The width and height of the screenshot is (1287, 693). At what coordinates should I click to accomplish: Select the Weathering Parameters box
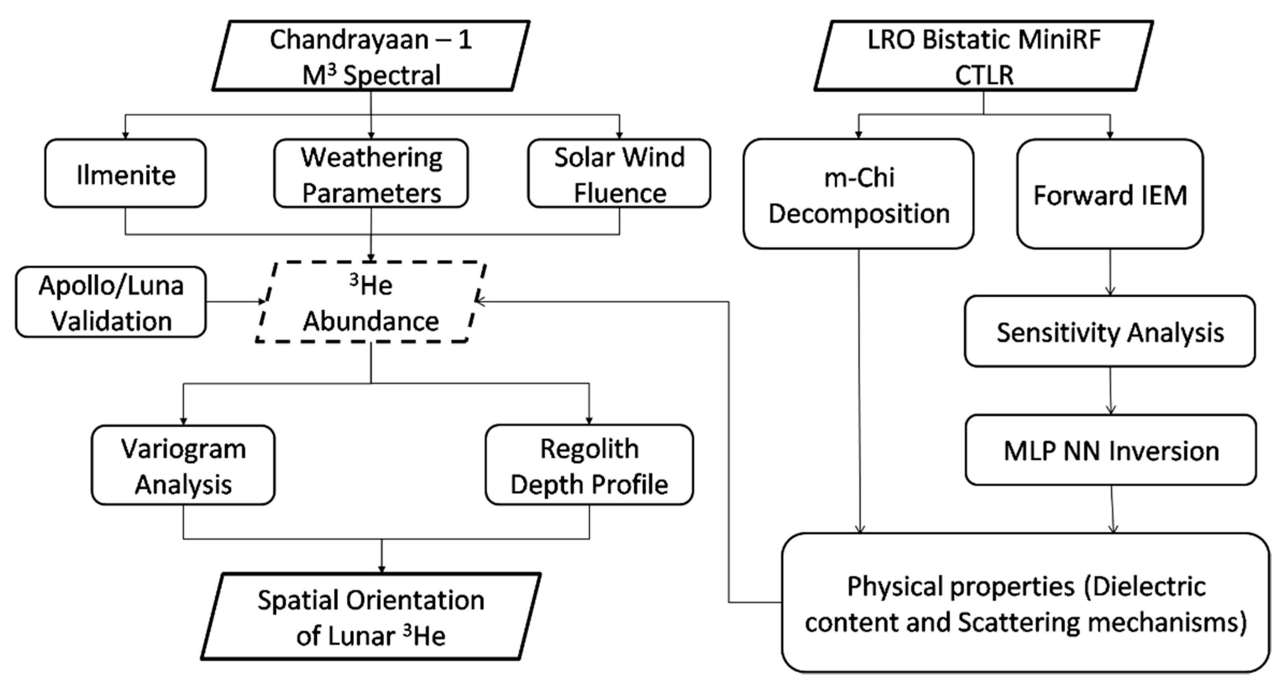[371, 173]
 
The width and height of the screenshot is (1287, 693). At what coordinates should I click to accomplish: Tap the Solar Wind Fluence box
[619, 173]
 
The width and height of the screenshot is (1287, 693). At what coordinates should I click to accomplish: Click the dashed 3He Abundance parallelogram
[371, 302]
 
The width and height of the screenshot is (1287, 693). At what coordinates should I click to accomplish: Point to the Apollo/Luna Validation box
[111, 302]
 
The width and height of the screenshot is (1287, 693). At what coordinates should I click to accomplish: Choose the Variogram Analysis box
[183, 465]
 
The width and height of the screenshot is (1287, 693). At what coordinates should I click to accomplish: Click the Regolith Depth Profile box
[589, 465]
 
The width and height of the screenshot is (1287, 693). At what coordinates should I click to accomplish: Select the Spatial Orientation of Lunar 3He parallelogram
[371, 617]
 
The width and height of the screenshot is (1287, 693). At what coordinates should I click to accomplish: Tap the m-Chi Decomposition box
[858, 194]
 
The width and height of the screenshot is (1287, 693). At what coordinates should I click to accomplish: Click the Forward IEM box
[1109, 194]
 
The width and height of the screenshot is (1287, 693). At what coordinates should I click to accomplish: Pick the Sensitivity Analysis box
[1109, 331]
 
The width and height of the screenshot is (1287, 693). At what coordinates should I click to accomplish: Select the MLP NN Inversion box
[1111, 450]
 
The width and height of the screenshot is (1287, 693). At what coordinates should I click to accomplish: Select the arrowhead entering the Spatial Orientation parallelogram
[382, 568]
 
